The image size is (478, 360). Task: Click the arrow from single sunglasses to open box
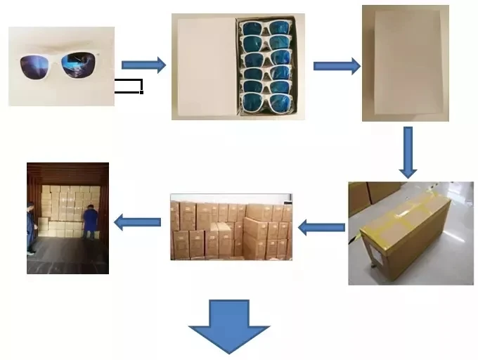click(x=143, y=65)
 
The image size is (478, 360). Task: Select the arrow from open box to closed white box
click(x=336, y=66)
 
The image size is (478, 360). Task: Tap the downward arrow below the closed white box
click(x=408, y=152)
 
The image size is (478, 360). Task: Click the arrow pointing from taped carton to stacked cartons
click(x=321, y=227)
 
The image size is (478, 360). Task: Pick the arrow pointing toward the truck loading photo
click(x=137, y=223)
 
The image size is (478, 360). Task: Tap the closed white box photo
click(x=405, y=63)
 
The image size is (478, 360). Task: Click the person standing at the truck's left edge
click(x=30, y=226)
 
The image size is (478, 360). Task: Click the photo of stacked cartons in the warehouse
click(x=231, y=227)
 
